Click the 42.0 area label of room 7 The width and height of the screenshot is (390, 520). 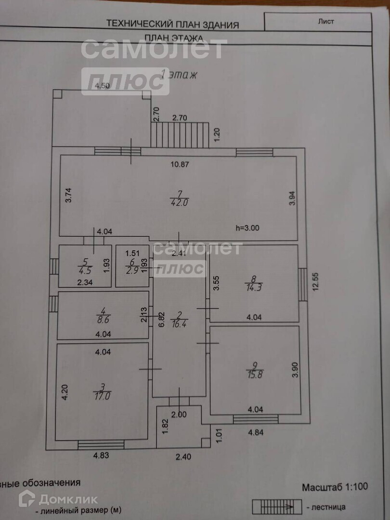click(x=179, y=203)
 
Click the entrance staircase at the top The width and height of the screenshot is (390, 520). click(x=180, y=134)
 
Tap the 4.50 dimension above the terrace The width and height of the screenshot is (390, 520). click(x=102, y=86)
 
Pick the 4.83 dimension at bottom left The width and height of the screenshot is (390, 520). click(x=102, y=455)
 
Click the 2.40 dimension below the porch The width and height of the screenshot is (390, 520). click(x=183, y=456)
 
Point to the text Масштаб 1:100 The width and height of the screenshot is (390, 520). click(x=335, y=487)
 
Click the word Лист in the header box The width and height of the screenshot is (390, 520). click(x=326, y=21)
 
